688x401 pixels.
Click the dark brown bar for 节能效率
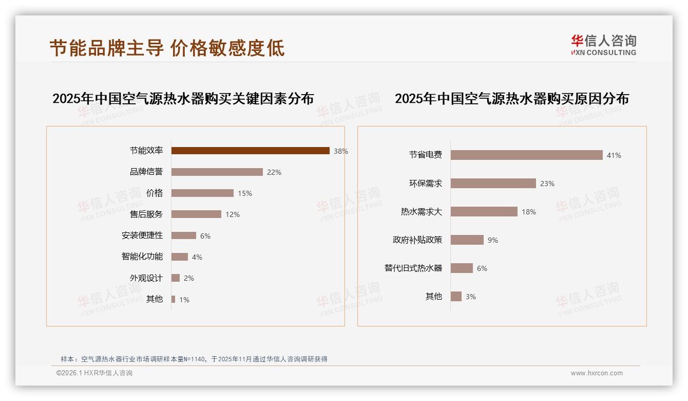250,151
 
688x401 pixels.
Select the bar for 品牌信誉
217,172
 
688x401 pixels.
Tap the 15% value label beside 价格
245,194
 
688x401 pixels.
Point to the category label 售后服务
146,214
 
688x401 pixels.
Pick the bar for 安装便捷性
183,235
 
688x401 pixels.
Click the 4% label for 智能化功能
197,257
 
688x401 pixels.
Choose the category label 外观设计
146,278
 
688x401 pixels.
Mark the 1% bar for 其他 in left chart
174,299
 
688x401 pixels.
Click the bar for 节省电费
526,155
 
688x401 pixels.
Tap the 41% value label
614,155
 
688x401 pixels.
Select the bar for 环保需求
493,184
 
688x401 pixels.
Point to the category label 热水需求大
421,212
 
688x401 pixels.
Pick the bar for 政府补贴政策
467,240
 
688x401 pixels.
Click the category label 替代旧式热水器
413,268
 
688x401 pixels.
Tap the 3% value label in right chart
471,297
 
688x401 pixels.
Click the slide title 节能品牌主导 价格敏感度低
167,48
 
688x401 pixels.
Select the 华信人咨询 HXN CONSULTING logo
603,45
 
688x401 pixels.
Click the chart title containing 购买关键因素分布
183,98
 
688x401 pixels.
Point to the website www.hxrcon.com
597,373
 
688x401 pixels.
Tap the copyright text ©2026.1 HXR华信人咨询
94,373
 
